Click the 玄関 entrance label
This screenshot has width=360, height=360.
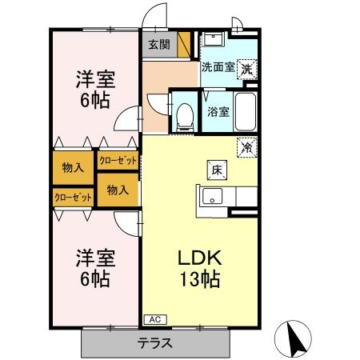[158, 45]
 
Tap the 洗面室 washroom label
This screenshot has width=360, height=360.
[217, 68]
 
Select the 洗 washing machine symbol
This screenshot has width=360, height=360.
[248, 69]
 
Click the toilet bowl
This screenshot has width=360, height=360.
[186, 117]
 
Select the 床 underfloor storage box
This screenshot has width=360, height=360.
[216, 169]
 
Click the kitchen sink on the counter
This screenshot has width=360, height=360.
[211, 196]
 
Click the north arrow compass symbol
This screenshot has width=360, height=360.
[294, 339]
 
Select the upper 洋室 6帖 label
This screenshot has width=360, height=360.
[95, 90]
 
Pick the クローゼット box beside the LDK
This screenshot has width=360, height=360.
[118, 161]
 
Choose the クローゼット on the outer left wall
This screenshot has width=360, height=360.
[73, 196]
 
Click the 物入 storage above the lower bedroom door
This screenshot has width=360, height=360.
[118, 190]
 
